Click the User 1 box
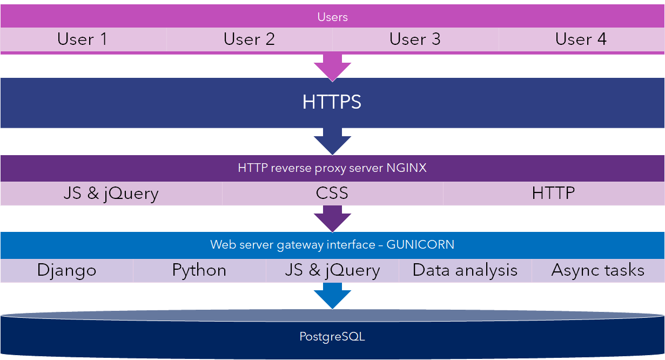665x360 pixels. (83, 39)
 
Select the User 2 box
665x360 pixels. (249, 39)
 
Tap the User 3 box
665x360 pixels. (415, 39)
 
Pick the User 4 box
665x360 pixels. (581, 39)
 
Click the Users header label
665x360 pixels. (332, 17)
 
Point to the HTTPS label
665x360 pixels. (332, 102)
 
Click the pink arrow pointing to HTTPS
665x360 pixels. (332, 66)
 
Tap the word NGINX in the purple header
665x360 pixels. (406, 168)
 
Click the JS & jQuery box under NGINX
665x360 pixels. (111, 194)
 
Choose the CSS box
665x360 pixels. (332, 194)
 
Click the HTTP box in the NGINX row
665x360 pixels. (553, 194)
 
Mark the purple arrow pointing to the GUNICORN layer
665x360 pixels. (332, 218)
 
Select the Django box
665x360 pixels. (66, 270)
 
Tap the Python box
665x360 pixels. (199, 270)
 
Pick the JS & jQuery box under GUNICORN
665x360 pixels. (332, 270)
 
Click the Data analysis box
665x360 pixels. (465, 270)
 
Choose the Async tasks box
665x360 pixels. (598, 270)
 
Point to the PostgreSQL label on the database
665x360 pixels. (332, 337)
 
